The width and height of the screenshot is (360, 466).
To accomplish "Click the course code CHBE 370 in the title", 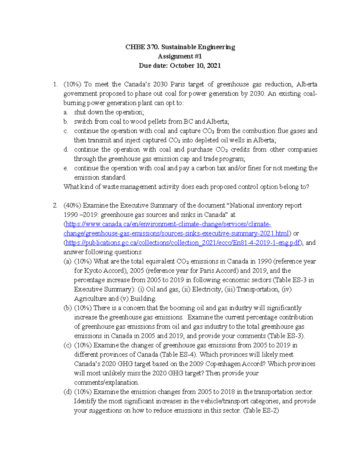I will pos(142,47).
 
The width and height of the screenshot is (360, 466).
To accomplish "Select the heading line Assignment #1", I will pos(180,56).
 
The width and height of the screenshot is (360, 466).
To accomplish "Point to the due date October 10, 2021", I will pos(195,66).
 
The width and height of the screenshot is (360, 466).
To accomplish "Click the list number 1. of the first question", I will pos(55,84).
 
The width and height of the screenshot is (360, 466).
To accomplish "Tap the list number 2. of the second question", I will pos(55,206).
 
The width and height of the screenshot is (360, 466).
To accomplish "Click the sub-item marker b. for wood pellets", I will pos(66,122).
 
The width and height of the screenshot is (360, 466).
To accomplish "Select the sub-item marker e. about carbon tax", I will pos(66,168).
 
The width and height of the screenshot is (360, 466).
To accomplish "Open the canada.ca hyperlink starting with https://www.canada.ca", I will pos(168,224).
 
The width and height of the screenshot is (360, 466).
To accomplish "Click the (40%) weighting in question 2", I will pos(72,206).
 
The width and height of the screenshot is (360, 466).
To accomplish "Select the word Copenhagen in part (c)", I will pos(222,364).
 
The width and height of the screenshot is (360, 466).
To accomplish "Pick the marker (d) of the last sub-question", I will pos(67,392).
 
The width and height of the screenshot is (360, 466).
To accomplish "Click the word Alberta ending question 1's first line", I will pos(307,84).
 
